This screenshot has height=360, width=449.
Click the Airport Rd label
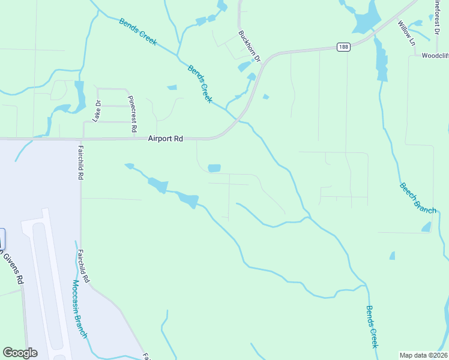(165, 139)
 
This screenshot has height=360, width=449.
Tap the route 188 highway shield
(343, 47)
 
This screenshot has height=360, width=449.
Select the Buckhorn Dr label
(249, 47)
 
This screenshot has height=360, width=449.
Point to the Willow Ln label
(406, 33)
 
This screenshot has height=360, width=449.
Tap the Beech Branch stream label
(418, 197)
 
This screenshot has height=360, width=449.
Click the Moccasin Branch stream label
(80, 308)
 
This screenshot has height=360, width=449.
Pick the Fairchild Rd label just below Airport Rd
(80, 162)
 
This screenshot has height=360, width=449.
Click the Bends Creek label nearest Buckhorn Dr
(200, 83)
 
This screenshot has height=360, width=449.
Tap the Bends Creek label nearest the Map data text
(372, 326)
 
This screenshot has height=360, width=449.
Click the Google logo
(20, 353)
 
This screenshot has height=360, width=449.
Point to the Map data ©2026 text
(423, 355)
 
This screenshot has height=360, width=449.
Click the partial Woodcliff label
(435, 55)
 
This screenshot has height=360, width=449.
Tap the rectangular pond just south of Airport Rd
(214, 168)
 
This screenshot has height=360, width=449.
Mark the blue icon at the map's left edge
(2, 238)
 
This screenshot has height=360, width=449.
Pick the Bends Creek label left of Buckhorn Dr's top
(137, 32)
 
